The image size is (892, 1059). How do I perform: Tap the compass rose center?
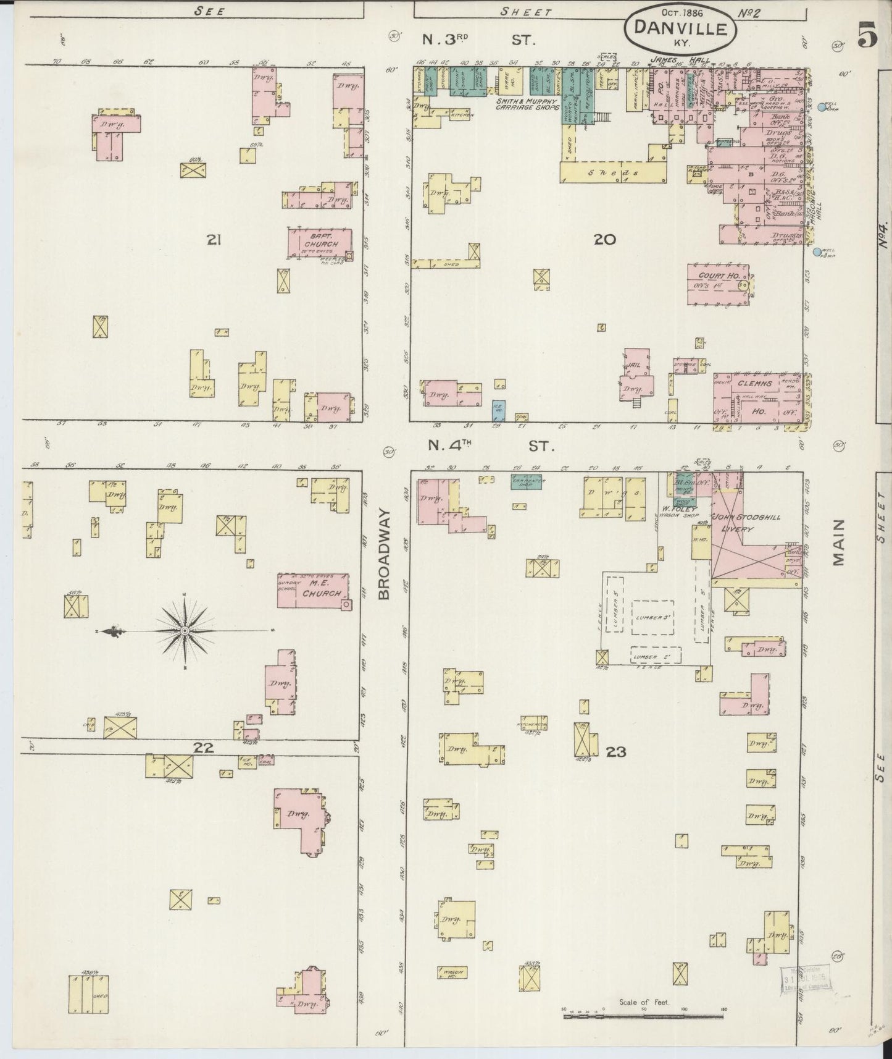(x=185, y=630)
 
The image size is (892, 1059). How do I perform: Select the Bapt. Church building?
(x=320, y=243)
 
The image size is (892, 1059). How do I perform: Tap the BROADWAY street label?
(x=384, y=554)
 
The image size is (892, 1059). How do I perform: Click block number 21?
(x=214, y=240)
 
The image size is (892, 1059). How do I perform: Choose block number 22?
(x=203, y=748)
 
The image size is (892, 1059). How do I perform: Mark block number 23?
(x=615, y=751)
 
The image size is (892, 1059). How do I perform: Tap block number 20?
(x=604, y=239)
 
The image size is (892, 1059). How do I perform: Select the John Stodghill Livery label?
(x=738, y=522)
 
